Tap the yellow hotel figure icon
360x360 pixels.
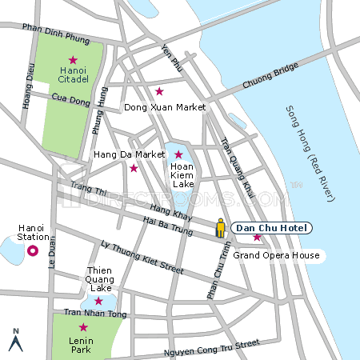click(221, 230)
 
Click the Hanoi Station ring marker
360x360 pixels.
click(33, 251)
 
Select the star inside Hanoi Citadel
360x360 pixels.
click(73, 60)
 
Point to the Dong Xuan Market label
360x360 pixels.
click(165, 106)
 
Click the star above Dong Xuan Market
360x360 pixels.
click(159, 91)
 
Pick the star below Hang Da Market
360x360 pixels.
click(134, 168)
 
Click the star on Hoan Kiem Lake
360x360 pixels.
click(178, 154)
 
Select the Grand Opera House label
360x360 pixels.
click(276, 255)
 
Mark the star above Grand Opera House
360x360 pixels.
click(257, 238)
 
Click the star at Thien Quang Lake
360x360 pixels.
click(98, 301)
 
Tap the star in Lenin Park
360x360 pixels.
click(82, 326)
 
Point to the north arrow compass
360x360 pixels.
click(14, 340)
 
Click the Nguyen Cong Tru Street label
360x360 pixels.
click(211, 347)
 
